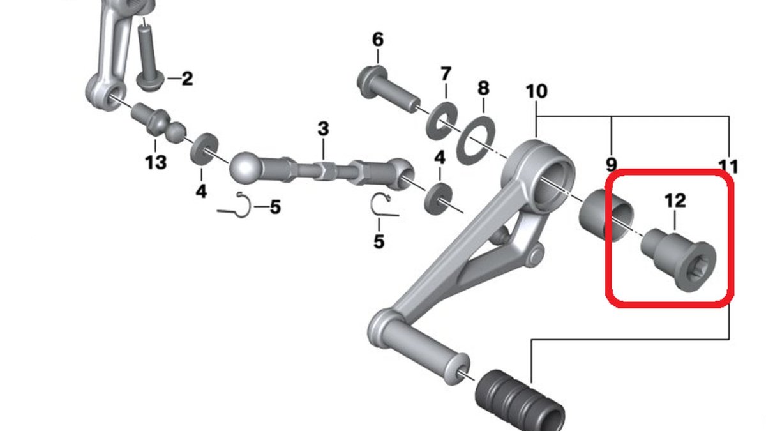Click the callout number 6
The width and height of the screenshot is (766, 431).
(377, 40)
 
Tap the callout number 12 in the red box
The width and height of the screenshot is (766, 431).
(675, 200)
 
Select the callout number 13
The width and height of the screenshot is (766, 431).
(156, 162)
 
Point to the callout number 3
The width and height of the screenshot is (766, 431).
(323, 128)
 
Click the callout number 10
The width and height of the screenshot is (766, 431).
(537, 91)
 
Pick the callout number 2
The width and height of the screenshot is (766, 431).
(188, 79)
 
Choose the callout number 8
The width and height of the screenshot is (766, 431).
(483, 88)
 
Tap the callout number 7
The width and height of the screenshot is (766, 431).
(446, 74)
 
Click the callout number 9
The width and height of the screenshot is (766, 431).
(611, 165)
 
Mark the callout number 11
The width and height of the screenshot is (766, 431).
(728, 167)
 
